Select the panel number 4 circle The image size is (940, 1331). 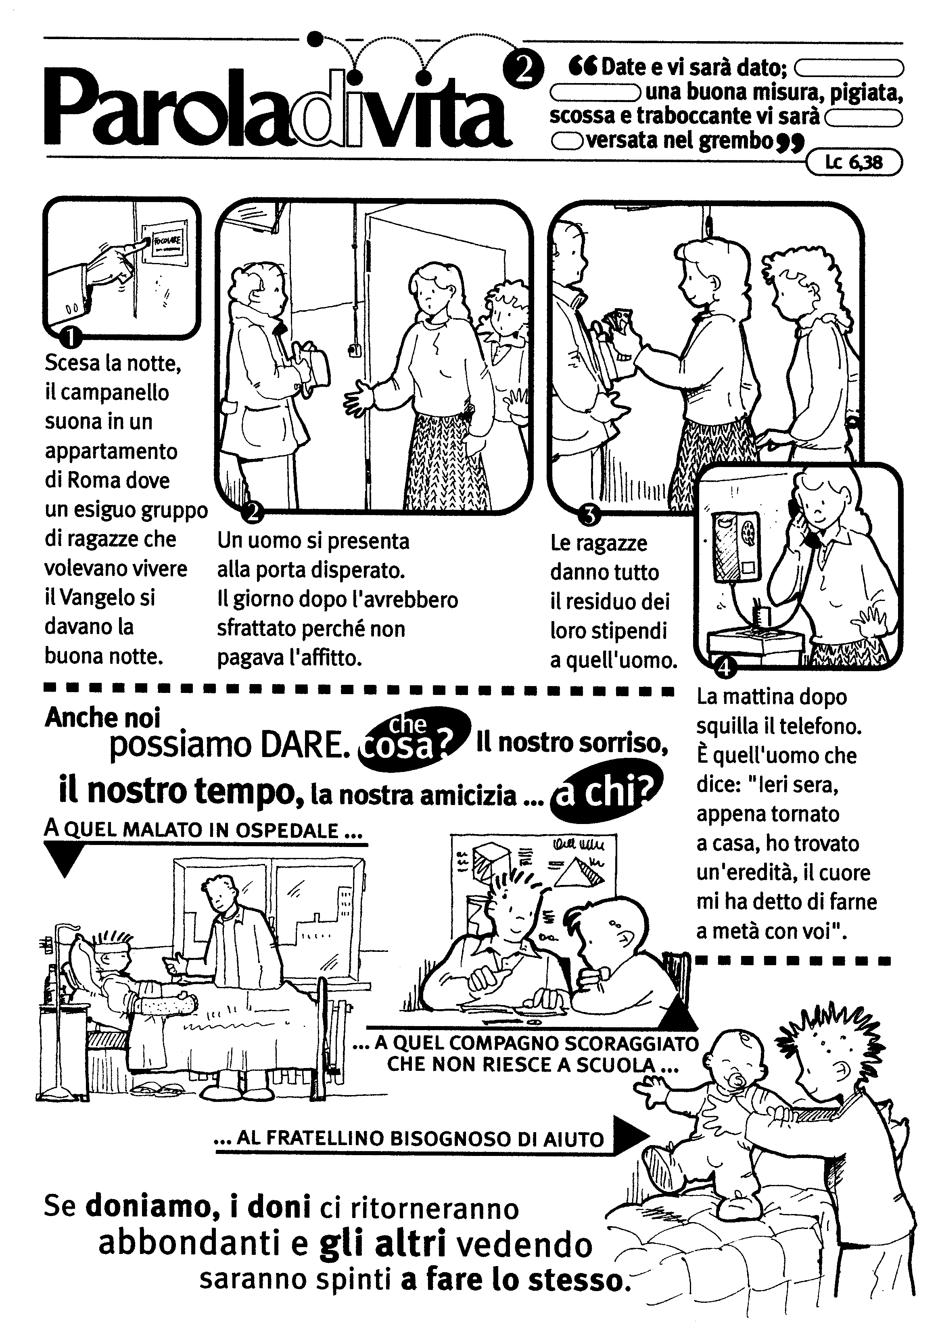(x=724, y=668)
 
